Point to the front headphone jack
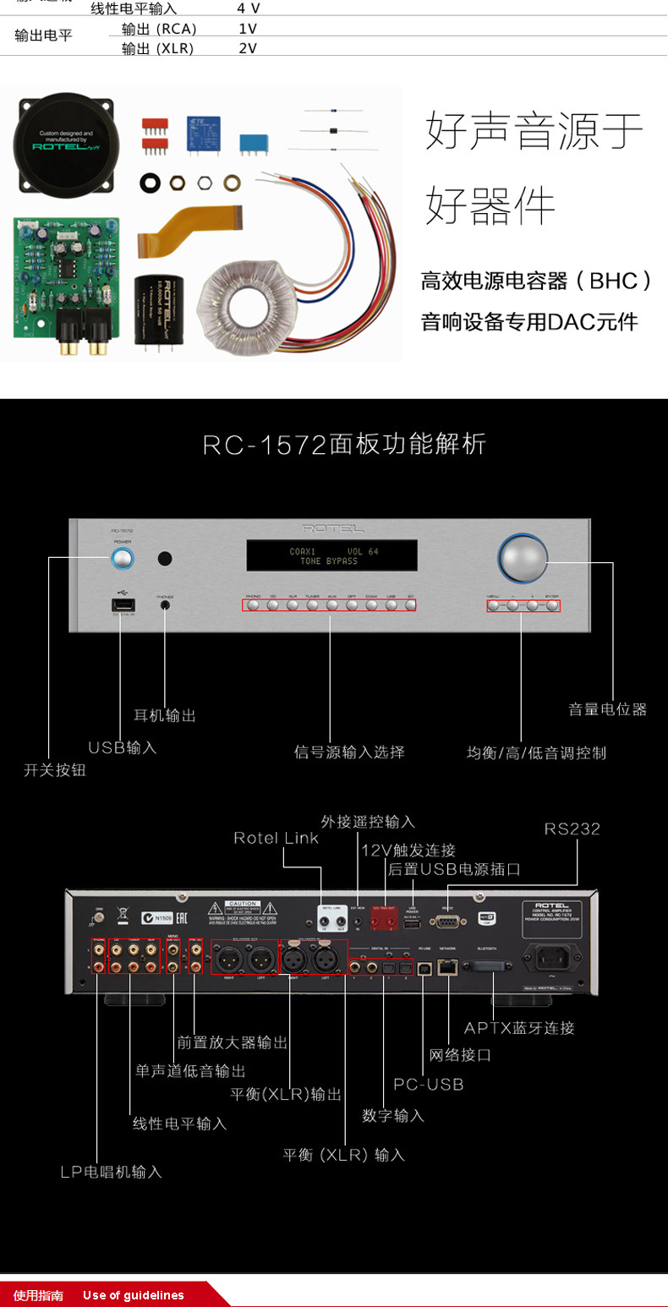pyautogui.click(x=165, y=606)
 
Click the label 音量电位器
pyautogui.click(x=607, y=709)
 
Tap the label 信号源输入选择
pyautogui.click(x=349, y=752)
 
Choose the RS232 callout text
pyautogui.click(x=572, y=828)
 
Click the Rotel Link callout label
pyautogui.click(x=276, y=838)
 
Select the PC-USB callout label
pyautogui.click(x=429, y=1084)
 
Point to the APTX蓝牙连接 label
pyautogui.click(x=519, y=1028)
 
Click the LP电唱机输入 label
pyautogui.click(x=111, y=1172)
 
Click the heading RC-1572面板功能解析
pyautogui.click(x=345, y=445)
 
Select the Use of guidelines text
pyautogui.click(x=133, y=1295)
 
